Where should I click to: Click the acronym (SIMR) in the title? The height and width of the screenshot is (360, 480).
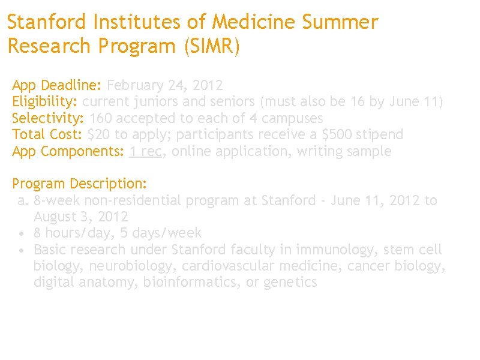(212, 46)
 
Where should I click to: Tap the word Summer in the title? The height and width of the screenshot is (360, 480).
(340, 23)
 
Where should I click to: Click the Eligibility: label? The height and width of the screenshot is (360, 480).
(45, 101)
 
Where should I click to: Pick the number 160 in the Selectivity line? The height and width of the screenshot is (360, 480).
(100, 118)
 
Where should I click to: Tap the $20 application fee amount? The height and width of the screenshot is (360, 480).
(98, 134)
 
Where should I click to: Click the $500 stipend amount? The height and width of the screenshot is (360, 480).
(330, 134)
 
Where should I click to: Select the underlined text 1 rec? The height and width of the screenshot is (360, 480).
(146, 151)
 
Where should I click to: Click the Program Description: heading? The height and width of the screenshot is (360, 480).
(80, 183)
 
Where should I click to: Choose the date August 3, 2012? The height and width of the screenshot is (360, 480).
(80, 217)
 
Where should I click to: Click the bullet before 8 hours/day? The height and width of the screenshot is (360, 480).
(22, 233)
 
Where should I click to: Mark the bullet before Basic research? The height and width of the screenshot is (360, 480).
(22, 250)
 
